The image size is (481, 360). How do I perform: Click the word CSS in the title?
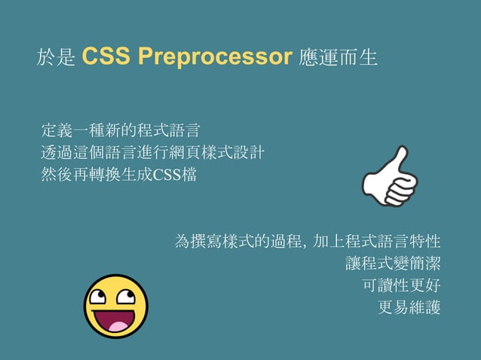[x=102, y=57]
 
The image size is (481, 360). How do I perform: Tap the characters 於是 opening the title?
[x=56, y=58]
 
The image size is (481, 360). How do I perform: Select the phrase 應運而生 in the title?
[x=339, y=58]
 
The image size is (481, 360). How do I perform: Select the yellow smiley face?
[x=115, y=306]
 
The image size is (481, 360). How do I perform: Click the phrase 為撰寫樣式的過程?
[x=237, y=242]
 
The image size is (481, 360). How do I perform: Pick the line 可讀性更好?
[x=401, y=285]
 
